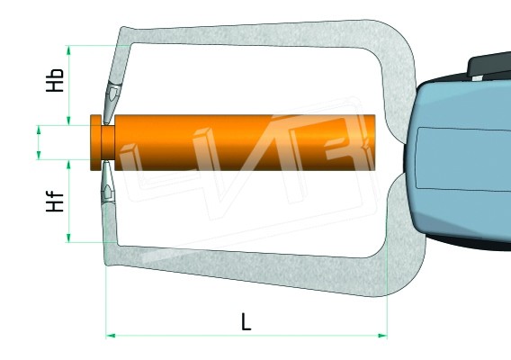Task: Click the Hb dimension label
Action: click(56, 79)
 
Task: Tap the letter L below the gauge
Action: click(246, 321)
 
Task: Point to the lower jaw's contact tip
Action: click(109, 189)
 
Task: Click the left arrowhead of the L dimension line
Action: click(111, 336)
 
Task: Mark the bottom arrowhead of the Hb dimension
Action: click(69, 121)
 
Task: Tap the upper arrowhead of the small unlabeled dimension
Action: click(39, 130)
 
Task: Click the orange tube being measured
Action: click(243, 142)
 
